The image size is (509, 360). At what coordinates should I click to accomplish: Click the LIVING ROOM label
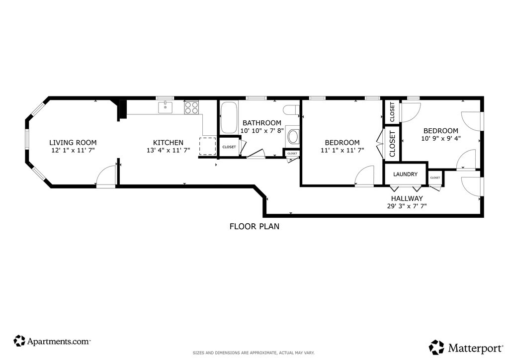(x=73, y=143)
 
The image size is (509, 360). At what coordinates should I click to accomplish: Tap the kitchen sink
(x=165, y=107)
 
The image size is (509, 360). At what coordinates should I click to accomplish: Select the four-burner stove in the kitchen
(x=191, y=107)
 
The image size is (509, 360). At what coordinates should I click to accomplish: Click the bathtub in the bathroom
(x=229, y=117)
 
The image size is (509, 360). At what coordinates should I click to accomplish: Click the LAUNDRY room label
(x=405, y=175)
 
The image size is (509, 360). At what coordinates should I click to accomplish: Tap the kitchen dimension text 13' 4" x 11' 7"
(x=168, y=150)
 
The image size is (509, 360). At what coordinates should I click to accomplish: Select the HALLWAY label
(x=407, y=198)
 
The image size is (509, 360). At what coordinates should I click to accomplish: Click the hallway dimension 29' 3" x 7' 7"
(x=407, y=206)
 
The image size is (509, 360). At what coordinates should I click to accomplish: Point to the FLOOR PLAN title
(x=254, y=226)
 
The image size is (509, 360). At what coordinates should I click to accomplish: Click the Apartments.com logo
(x=52, y=341)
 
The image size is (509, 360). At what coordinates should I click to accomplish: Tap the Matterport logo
(x=466, y=348)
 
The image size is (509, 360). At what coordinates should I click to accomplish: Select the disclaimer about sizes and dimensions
(x=254, y=353)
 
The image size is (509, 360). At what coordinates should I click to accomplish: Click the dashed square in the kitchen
(x=207, y=146)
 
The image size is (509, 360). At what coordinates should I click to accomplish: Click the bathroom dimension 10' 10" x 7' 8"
(x=262, y=131)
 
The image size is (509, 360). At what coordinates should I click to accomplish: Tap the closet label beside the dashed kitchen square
(x=229, y=147)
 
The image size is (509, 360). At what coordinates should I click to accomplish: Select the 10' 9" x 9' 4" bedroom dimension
(x=441, y=138)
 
